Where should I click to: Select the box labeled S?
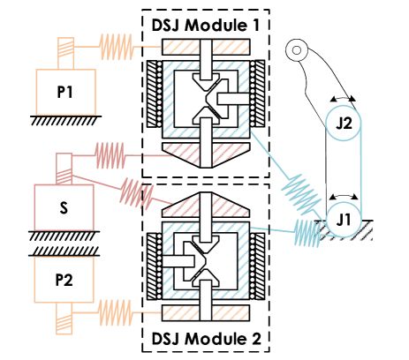(64, 207)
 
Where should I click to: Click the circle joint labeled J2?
(344, 123)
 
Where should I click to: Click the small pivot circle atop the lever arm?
(296, 49)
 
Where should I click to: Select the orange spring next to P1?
(117, 45)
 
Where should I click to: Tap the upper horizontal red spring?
(110, 156)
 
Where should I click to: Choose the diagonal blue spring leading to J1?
(300, 195)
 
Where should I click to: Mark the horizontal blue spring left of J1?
(307, 233)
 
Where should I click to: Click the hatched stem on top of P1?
(66, 52)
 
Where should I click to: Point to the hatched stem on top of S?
(64, 169)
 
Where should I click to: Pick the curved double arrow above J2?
(344, 99)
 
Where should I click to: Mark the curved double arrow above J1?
(344, 195)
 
